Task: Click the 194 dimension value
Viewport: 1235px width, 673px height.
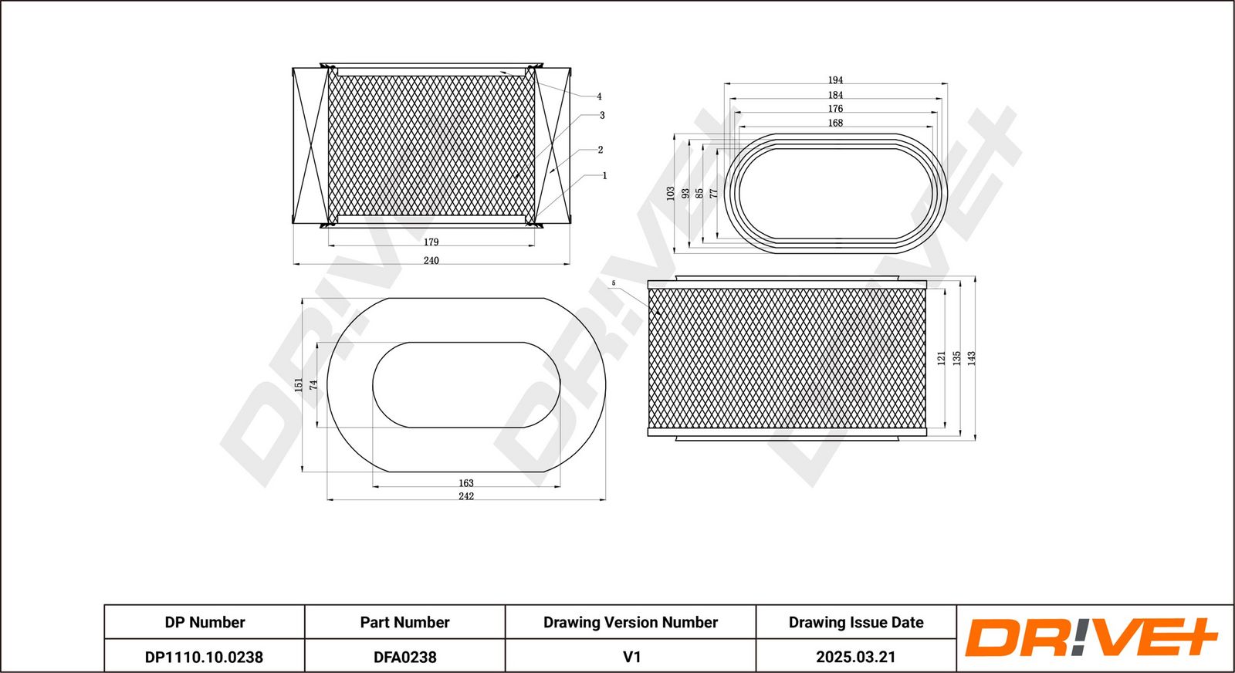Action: (835, 80)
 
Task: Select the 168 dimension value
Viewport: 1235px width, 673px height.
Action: (835, 123)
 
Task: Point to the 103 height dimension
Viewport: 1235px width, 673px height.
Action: (671, 194)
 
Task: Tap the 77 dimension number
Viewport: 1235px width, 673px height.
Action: (713, 194)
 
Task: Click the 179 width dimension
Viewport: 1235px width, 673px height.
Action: (431, 242)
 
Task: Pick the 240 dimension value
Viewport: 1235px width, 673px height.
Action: (431, 260)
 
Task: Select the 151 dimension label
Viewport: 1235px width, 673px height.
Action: (298, 384)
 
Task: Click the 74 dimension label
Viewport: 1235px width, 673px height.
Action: (313, 384)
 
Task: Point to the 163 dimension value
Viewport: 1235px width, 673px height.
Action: (466, 483)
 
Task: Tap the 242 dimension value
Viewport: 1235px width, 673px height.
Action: (466, 496)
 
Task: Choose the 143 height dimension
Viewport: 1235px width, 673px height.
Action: (972, 358)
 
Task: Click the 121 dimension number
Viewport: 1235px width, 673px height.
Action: (941, 358)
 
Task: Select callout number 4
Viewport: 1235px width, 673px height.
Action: (599, 96)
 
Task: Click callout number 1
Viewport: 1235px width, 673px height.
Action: (605, 175)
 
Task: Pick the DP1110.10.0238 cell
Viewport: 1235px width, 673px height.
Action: (204, 657)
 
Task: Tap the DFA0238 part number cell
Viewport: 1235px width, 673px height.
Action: (404, 657)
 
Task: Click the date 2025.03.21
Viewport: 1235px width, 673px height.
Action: (856, 657)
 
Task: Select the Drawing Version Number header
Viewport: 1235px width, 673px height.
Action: (631, 622)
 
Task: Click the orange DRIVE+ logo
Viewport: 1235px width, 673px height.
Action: (1091, 637)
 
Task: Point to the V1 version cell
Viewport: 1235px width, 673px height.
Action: (631, 657)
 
